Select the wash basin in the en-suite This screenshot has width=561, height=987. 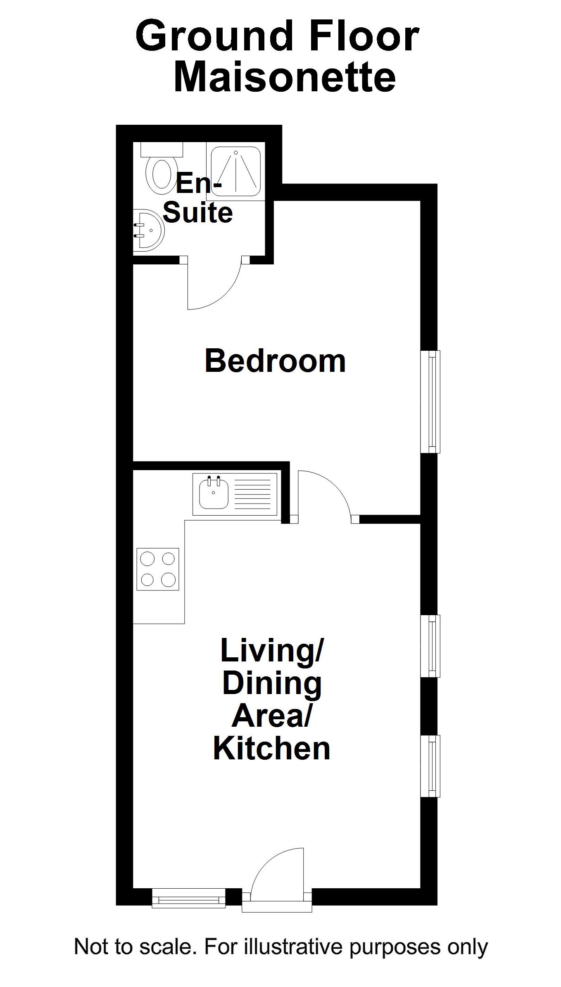(148, 230)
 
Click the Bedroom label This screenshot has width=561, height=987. (275, 361)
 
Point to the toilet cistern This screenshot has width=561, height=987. (162, 149)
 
